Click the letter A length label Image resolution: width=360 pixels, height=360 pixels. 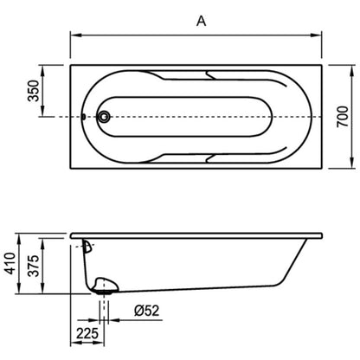pos(202,21)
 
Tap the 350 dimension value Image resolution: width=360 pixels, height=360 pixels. pos(34,91)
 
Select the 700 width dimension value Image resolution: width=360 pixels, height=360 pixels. pos(343,117)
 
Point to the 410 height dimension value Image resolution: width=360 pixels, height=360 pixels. pos(10,263)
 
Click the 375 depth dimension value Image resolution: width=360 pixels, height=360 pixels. pos(34,266)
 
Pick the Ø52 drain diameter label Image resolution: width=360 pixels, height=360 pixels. pos(147,311)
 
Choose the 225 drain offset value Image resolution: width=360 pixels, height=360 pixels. pos(87,333)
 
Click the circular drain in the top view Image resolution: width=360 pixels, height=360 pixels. pos(104,117)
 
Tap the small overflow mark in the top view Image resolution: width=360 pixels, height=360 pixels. pos(84,117)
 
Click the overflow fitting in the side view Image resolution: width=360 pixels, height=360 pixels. pos(87,247)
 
